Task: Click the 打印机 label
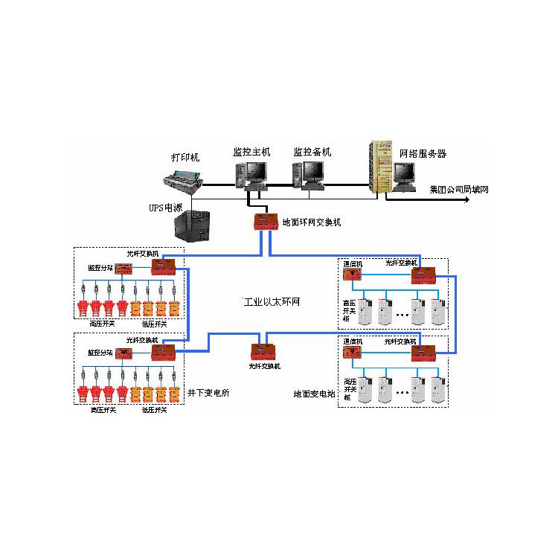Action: [x=185, y=158]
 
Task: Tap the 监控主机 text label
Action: [x=251, y=152]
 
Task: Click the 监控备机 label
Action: [x=312, y=152]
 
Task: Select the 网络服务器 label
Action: [x=423, y=154]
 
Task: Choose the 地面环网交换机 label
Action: [x=312, y=222]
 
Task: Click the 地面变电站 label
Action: [x=315, y=392]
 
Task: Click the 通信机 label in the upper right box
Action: [x=352, y=263]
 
